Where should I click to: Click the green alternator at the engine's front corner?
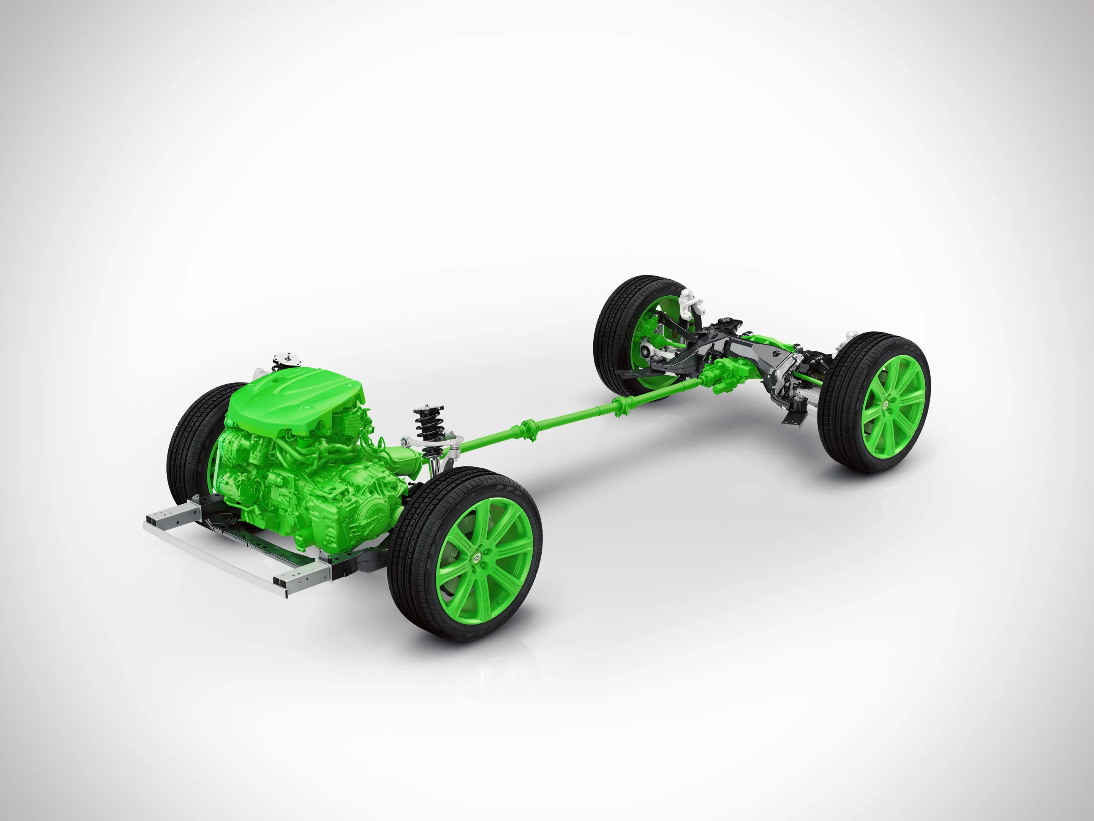tap(232, 445)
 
